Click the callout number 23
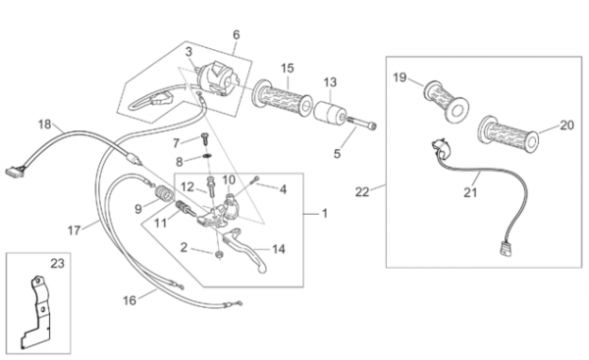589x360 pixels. [58, 264]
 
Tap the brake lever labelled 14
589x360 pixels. [246, 249]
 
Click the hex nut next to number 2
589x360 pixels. [218, 254]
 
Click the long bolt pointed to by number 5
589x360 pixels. [362, 124]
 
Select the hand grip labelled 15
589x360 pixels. [282, 97]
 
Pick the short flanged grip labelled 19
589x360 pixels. [447, 101]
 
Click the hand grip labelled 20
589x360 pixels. [508, 134]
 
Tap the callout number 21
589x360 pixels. [470, 192]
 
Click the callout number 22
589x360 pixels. [362, 192]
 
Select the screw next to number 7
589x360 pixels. [205, 139]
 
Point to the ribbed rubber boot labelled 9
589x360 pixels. [165, 195]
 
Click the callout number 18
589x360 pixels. [45, 124]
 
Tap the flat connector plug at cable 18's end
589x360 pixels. [15, 172]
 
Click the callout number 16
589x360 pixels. [130, 300]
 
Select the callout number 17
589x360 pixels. [74, 231]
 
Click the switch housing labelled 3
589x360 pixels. [218, 79]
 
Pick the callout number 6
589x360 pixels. [236, 34]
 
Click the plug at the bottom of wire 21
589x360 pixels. [506, 249]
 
